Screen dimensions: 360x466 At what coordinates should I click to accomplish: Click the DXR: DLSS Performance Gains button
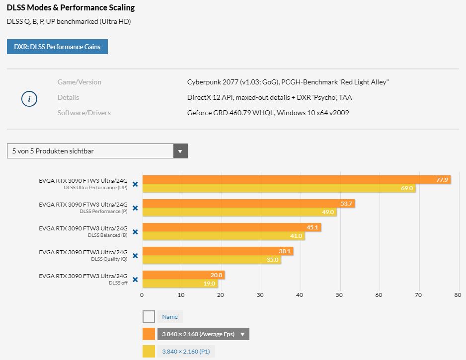[57, 47]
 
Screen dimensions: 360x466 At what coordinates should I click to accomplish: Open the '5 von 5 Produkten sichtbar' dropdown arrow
[180, 151]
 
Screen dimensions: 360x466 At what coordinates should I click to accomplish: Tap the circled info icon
[29, 99]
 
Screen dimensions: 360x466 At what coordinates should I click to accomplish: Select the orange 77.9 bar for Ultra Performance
[296, 180]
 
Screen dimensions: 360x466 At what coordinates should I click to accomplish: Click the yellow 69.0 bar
[278, 189]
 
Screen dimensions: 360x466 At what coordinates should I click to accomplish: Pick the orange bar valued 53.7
[248, 204]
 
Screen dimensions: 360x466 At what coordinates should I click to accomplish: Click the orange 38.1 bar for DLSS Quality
[218, 251]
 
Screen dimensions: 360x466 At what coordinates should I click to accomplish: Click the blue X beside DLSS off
[135, 280]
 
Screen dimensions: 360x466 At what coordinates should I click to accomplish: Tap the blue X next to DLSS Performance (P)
[135, 208]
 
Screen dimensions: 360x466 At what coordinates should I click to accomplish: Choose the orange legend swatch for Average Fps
[149, 334]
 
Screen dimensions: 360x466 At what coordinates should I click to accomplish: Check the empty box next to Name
[149, 316]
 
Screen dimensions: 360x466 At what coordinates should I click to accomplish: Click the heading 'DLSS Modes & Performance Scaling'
[71, 8]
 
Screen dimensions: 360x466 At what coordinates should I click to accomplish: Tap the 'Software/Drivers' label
[84, 113]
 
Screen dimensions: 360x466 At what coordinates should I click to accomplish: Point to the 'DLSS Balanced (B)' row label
[107, 235]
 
